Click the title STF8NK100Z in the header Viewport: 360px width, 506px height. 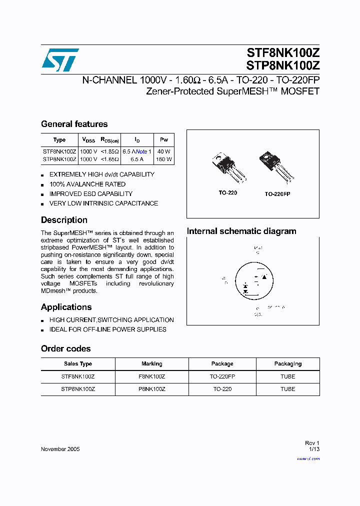[x=282, y=52]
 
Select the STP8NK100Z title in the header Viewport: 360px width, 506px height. [x=282, y=65]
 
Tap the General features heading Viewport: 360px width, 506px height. [x=74, y=124]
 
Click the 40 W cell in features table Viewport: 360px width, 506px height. [x=163, y=151]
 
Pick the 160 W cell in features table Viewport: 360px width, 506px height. [x=163, y=159]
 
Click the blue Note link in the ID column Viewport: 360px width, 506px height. [x=141, y=151]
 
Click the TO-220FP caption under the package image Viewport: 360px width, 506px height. [x=277, y=193]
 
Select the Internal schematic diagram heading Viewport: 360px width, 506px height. [x=241, y=231]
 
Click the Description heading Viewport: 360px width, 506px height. [x=64, y=220]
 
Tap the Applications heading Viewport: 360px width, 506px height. [x=66, y=307]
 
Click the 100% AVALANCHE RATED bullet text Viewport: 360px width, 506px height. [x=87, y=184]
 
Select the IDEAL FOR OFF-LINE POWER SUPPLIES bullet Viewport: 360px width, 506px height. [x=107, y=329]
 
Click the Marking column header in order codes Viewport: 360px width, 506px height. [x=152, y=364]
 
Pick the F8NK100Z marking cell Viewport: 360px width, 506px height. [x=152, y=376]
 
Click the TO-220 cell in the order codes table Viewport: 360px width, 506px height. [x=222, y=389]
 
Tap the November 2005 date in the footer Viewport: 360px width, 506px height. [x=60, y=449]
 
